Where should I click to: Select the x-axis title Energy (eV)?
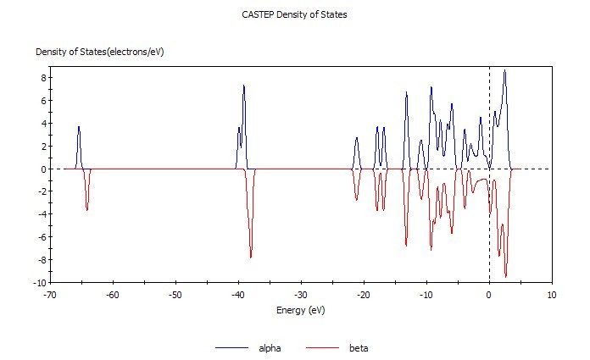[300, 310]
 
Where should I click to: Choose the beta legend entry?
[358, 348]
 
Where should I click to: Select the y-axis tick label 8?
[40, 78]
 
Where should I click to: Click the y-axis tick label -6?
[38, 236]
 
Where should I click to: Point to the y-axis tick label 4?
[40, 124]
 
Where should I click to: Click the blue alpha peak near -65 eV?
[79, 128]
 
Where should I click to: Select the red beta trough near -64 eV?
[87, 209]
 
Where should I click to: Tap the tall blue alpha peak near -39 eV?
[244, 86]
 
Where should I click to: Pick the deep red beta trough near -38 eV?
[251, 257]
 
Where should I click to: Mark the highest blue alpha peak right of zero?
[505, 71]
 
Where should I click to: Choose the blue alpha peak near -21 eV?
[357, 138]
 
